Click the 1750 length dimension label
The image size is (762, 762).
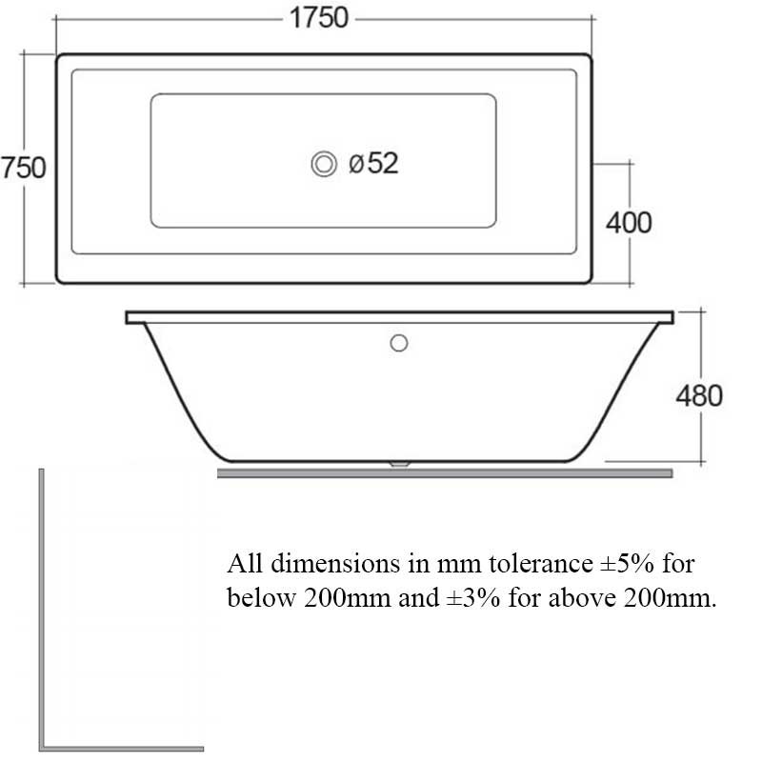[x=319, y=18]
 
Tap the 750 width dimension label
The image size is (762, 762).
[x=23, y=168]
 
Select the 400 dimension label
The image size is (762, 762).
[x=629, y=223]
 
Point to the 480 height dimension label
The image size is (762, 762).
[x=699, y=395]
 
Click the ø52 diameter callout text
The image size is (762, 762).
[x=373, y=163]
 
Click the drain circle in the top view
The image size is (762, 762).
[x=324, y=164]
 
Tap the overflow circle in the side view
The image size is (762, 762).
[x=399, y=343]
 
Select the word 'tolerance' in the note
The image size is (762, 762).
[x=540, y=564]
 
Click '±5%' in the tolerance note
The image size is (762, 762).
[x=628, y=564]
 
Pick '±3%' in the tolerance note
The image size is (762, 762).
[x=473, y=598]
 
